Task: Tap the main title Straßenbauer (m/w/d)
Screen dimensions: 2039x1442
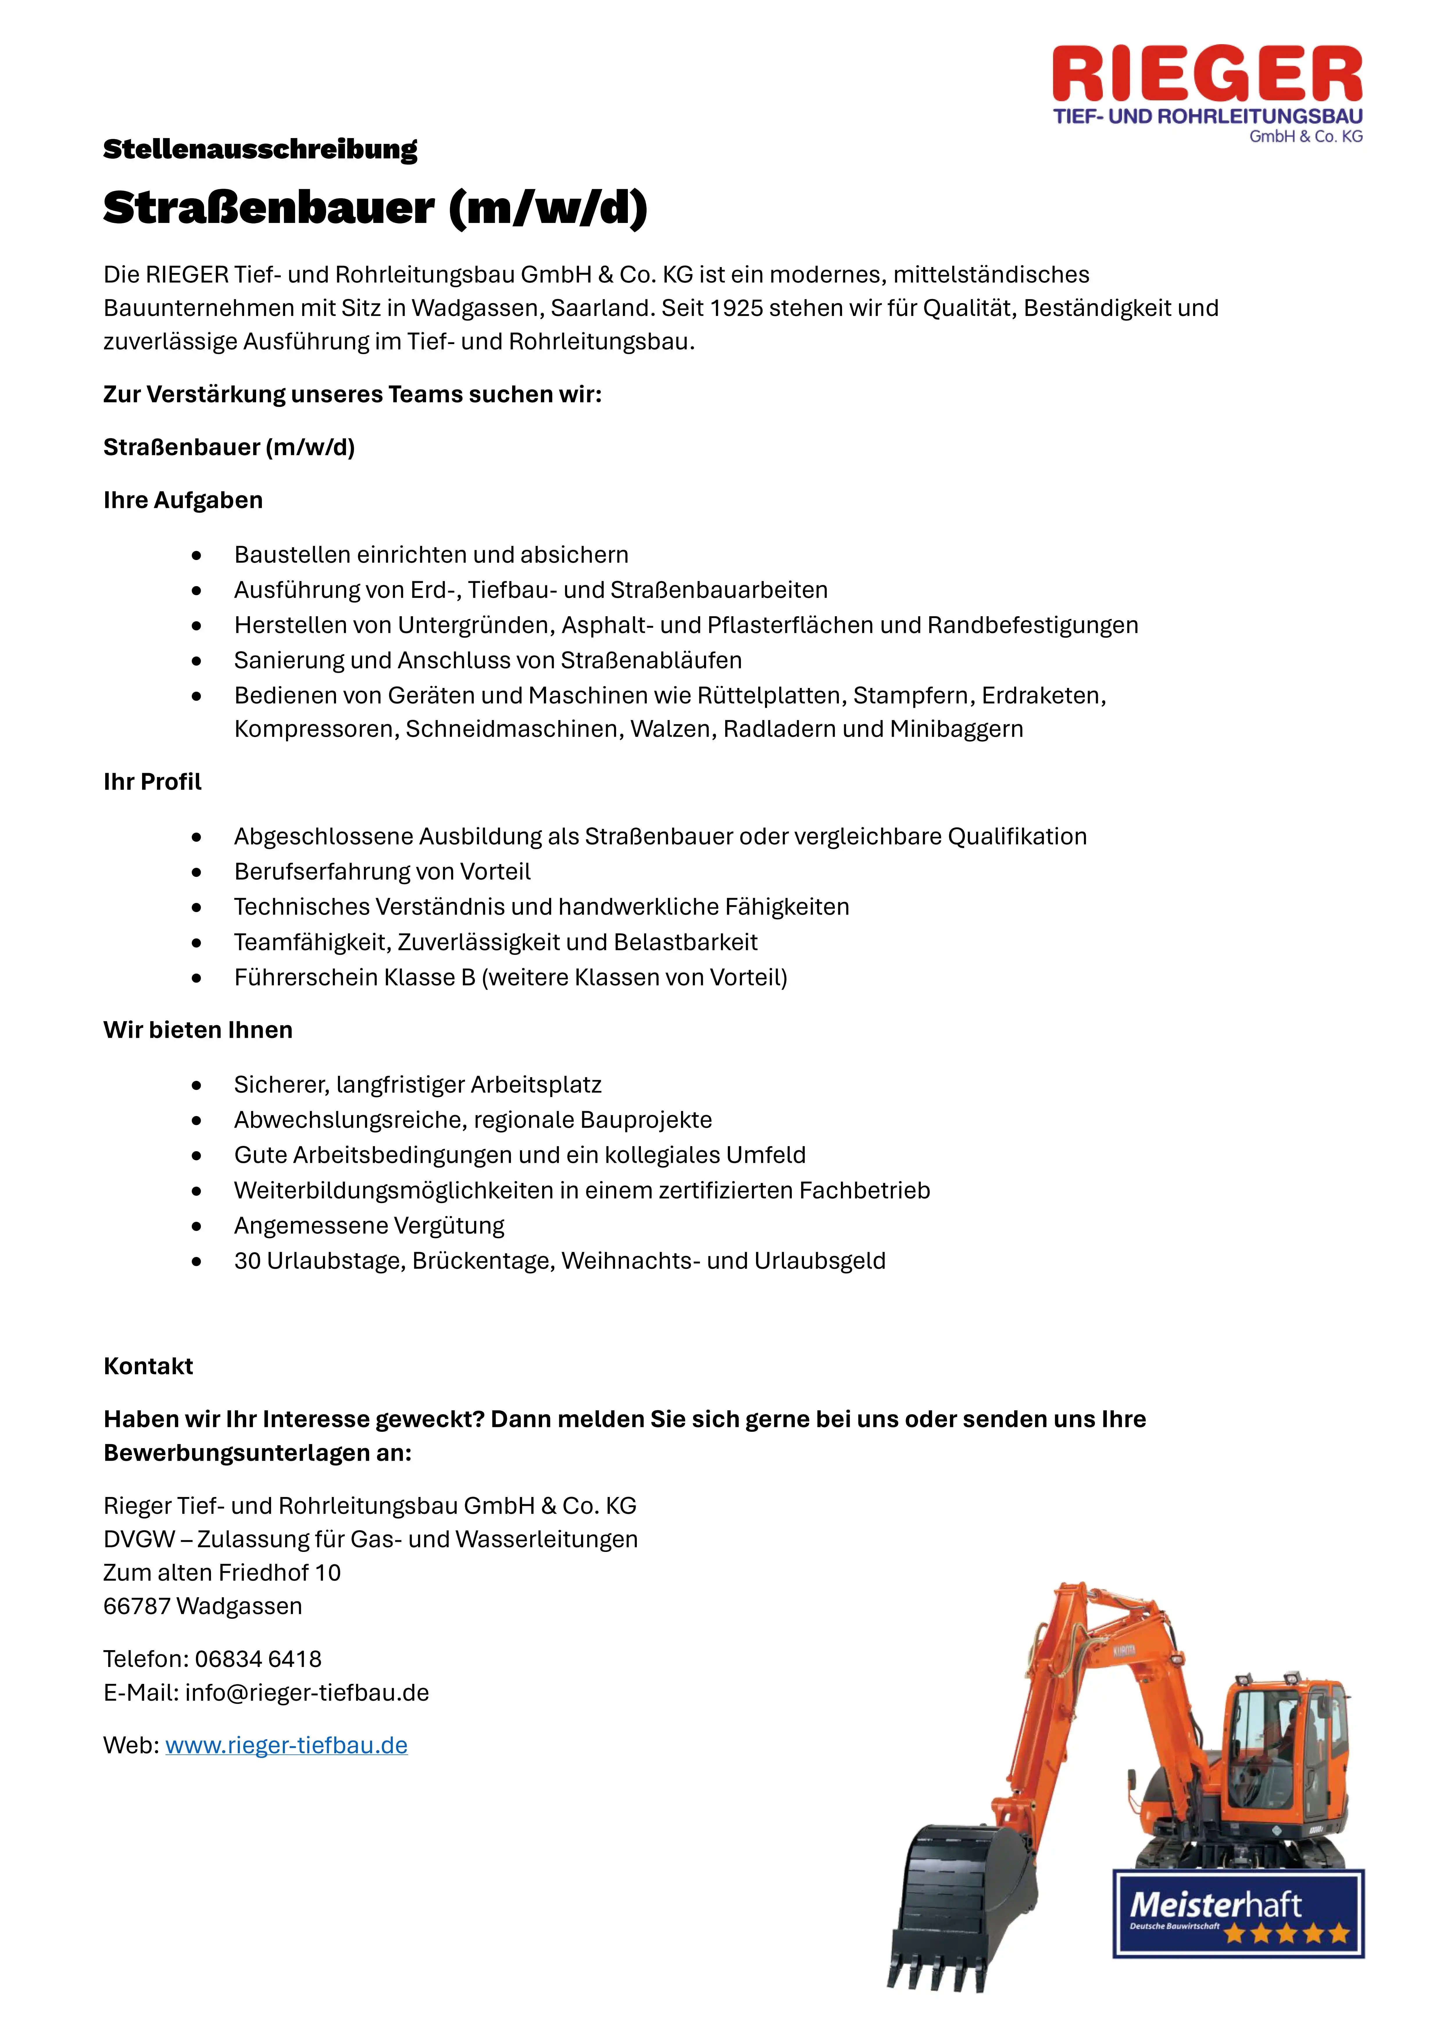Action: point(375,209)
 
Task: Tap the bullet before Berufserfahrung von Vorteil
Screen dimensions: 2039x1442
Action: point(196,872)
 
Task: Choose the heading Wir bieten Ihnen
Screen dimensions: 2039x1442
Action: point(197,1030)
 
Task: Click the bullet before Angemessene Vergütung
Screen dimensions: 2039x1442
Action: point(196,1226)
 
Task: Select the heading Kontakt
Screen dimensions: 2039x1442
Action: point(147,1366)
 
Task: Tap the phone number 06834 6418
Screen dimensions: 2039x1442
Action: point(258,1659)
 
